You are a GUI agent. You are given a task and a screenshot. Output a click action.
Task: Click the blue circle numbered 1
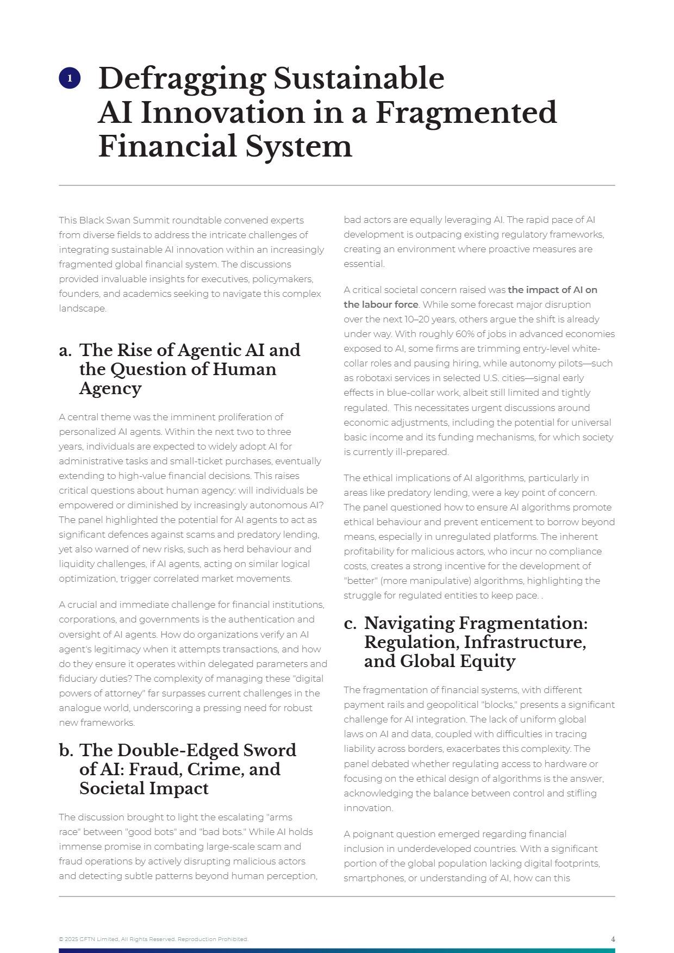point(70,78)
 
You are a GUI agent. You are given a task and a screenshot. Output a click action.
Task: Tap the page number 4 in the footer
point(613,939)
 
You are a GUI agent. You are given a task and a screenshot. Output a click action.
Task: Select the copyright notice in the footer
point(153,939)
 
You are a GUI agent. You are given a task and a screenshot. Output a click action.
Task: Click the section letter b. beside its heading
point(65,751)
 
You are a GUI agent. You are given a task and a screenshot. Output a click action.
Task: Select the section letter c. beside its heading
point(350,624)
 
